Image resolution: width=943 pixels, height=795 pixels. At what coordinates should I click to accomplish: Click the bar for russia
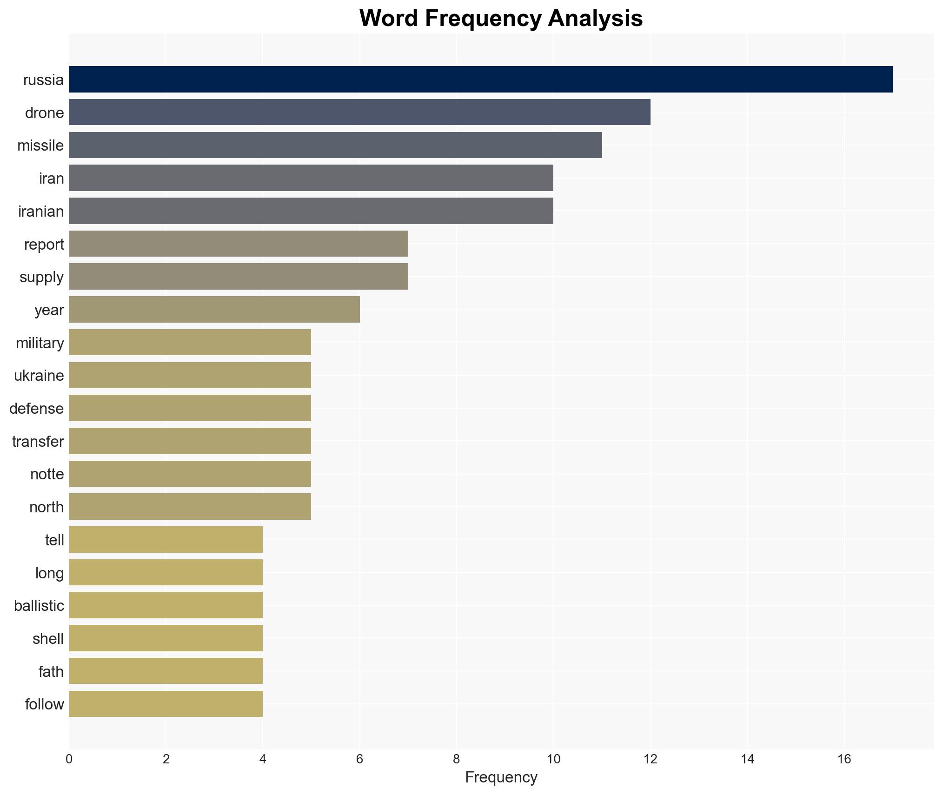[x=480, y=79]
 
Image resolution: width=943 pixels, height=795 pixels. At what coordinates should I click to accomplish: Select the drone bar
[x=359, y=113]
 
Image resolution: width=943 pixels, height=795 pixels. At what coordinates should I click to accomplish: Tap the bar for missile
[x=335, y=145]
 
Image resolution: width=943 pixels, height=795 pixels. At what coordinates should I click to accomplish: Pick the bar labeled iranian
[x=311, y=211]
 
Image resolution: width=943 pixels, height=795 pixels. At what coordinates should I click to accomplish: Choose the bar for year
[x=214, y=310]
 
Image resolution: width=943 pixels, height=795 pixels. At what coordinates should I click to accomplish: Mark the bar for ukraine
[x=190, y=375]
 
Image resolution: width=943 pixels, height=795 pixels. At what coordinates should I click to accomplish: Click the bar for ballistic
[x=166, y=605]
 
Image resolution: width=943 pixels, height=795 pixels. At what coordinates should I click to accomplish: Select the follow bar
[x=166, y=704]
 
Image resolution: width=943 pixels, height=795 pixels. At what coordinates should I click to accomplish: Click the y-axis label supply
[x=41, y=277]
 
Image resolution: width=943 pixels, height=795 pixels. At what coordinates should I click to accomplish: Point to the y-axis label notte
[x=47, y=474]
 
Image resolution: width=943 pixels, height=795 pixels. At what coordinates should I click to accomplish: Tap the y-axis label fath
[x=51, y=671]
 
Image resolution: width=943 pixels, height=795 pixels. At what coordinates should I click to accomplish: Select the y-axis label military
[x=40, y=343]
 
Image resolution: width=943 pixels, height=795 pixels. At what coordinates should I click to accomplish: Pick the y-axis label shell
[x=48, y=638]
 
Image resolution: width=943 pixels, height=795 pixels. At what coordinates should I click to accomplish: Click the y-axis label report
[x=44, y=244]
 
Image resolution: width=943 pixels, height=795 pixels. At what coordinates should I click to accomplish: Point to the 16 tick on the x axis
[x=844, y=759]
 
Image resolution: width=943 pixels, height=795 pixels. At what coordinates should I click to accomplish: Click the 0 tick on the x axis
[x=69, y=759]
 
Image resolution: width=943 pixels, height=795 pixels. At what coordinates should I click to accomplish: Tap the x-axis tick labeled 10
[x=553, y=759]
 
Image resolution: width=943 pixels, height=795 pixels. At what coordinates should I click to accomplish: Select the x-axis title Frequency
[x=501, y=777]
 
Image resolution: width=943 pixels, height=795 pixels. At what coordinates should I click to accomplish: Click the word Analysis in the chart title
[x=595, y=19]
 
